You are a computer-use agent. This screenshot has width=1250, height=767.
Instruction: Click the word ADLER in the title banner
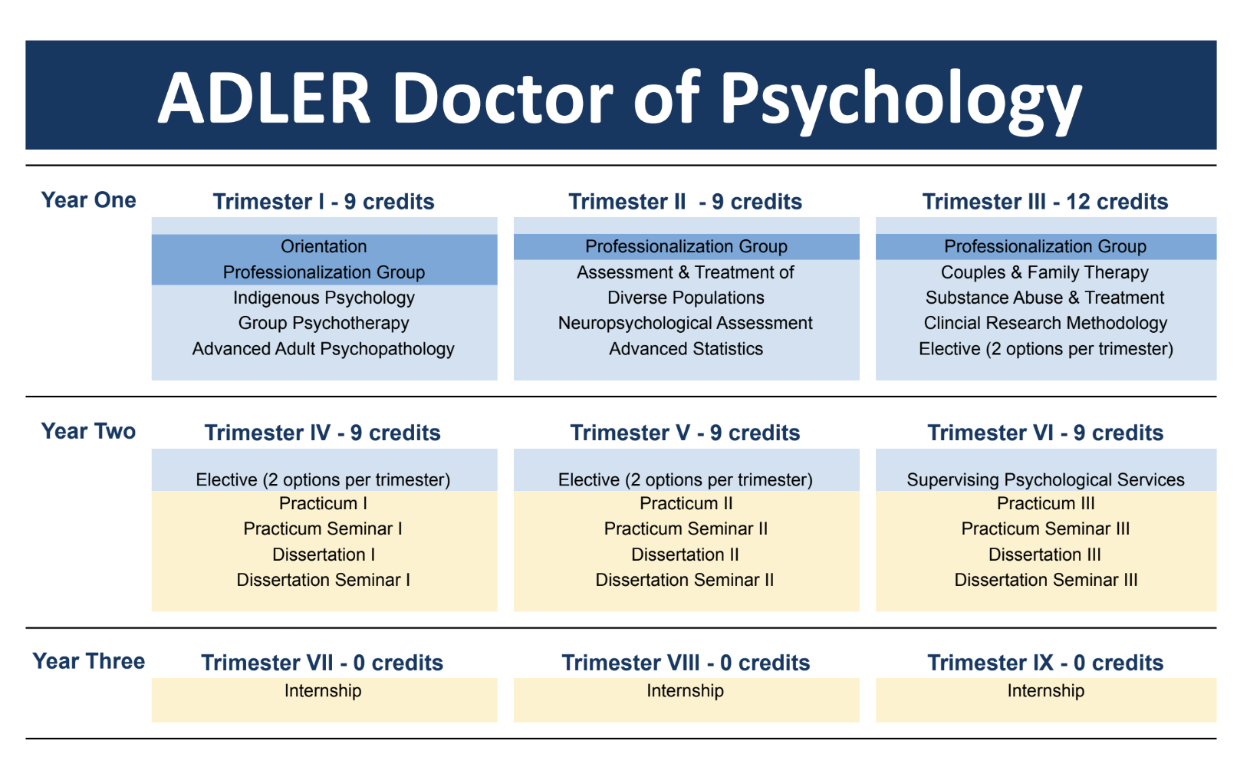click(264, 97)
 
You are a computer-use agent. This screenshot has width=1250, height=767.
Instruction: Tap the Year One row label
click(88, 200)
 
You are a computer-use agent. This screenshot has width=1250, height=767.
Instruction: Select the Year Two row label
click(88, 431)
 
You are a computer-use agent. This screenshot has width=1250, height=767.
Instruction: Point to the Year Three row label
click(88, 661)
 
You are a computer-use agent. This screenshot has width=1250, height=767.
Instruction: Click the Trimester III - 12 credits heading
click(1044, 202)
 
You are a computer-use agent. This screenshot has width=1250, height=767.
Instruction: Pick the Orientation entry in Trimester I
click(324, 246)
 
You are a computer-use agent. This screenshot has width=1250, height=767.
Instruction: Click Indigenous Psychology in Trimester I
click(324, 298)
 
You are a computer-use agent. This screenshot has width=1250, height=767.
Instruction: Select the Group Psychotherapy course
click(324, 323)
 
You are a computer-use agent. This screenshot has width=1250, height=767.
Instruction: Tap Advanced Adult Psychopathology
click(324, 349)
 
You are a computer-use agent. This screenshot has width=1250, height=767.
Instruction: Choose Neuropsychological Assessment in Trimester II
click(686, 323)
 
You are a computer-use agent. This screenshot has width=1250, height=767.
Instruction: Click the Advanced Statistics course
click(686, 349)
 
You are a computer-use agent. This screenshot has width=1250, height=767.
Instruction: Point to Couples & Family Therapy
click(1044, 272)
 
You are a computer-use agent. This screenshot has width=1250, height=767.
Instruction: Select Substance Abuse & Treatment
click(1044, 298)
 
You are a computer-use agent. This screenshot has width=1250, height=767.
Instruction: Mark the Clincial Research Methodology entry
click(1045, 323)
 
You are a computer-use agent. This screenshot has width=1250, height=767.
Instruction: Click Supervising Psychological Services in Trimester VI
click(1045, 479)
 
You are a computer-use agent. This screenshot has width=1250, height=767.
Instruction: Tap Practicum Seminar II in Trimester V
click(686, 528)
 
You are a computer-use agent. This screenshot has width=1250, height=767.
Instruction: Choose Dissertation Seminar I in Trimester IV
click(323, 580)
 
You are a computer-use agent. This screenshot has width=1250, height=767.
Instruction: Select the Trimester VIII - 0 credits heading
click(686, 663)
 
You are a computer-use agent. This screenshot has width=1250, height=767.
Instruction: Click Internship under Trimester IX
click(1046, 690)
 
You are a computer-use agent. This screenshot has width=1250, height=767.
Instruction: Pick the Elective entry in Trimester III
click(1046, 349)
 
